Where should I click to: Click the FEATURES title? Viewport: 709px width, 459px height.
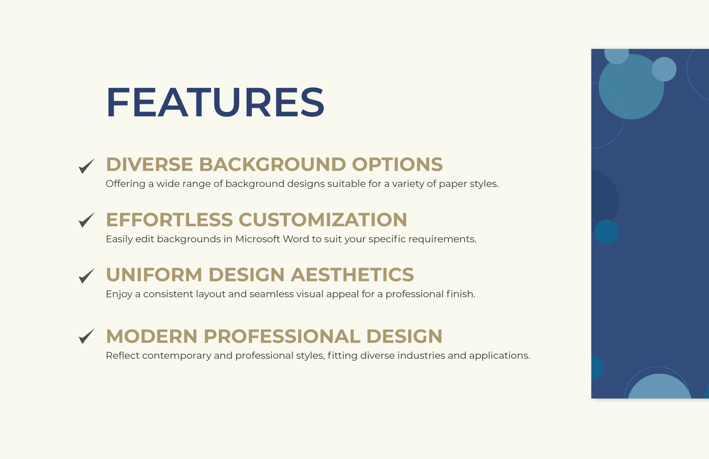click(x=215, y=102)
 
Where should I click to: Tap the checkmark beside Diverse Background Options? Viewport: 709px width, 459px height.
click(x=86, y=166)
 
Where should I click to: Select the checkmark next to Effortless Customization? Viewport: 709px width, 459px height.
click(x=86, y=220)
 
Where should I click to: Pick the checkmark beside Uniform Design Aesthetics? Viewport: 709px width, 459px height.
click(x=86, y=276)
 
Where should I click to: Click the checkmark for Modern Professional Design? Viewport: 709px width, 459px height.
click(x=86, y=336)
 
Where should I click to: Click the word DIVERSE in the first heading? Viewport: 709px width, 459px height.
click(x=149, y=164)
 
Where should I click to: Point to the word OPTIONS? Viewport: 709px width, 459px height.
click(x=397, y=164)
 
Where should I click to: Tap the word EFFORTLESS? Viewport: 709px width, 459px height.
click(x=170, y=220)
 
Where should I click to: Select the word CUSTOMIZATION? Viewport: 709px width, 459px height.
click(x=323, y=220)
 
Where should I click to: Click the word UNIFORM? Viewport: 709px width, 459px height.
click(x=154, y=275)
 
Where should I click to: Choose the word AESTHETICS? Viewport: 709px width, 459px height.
click(x=352, y=275)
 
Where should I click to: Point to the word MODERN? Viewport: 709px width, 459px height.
click(x=152, y=337)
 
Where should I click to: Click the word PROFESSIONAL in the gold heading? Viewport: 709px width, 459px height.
click(x=282, y=337)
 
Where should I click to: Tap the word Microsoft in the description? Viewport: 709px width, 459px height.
click(x=257, y=239)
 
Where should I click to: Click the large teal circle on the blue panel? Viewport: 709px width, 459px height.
click(x=631, y=87)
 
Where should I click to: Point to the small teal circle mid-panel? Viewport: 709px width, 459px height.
click(x=606, y=232)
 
